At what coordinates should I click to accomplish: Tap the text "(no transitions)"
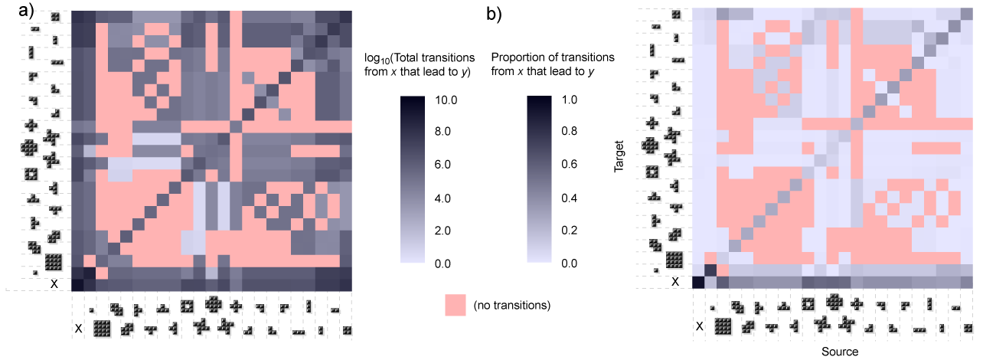(x=512, y=306)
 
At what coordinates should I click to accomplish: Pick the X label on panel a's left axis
(x=53, y=283)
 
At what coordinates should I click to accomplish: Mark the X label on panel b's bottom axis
(x=698, y=328)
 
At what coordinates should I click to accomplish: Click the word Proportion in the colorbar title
(x=517, y=57)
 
